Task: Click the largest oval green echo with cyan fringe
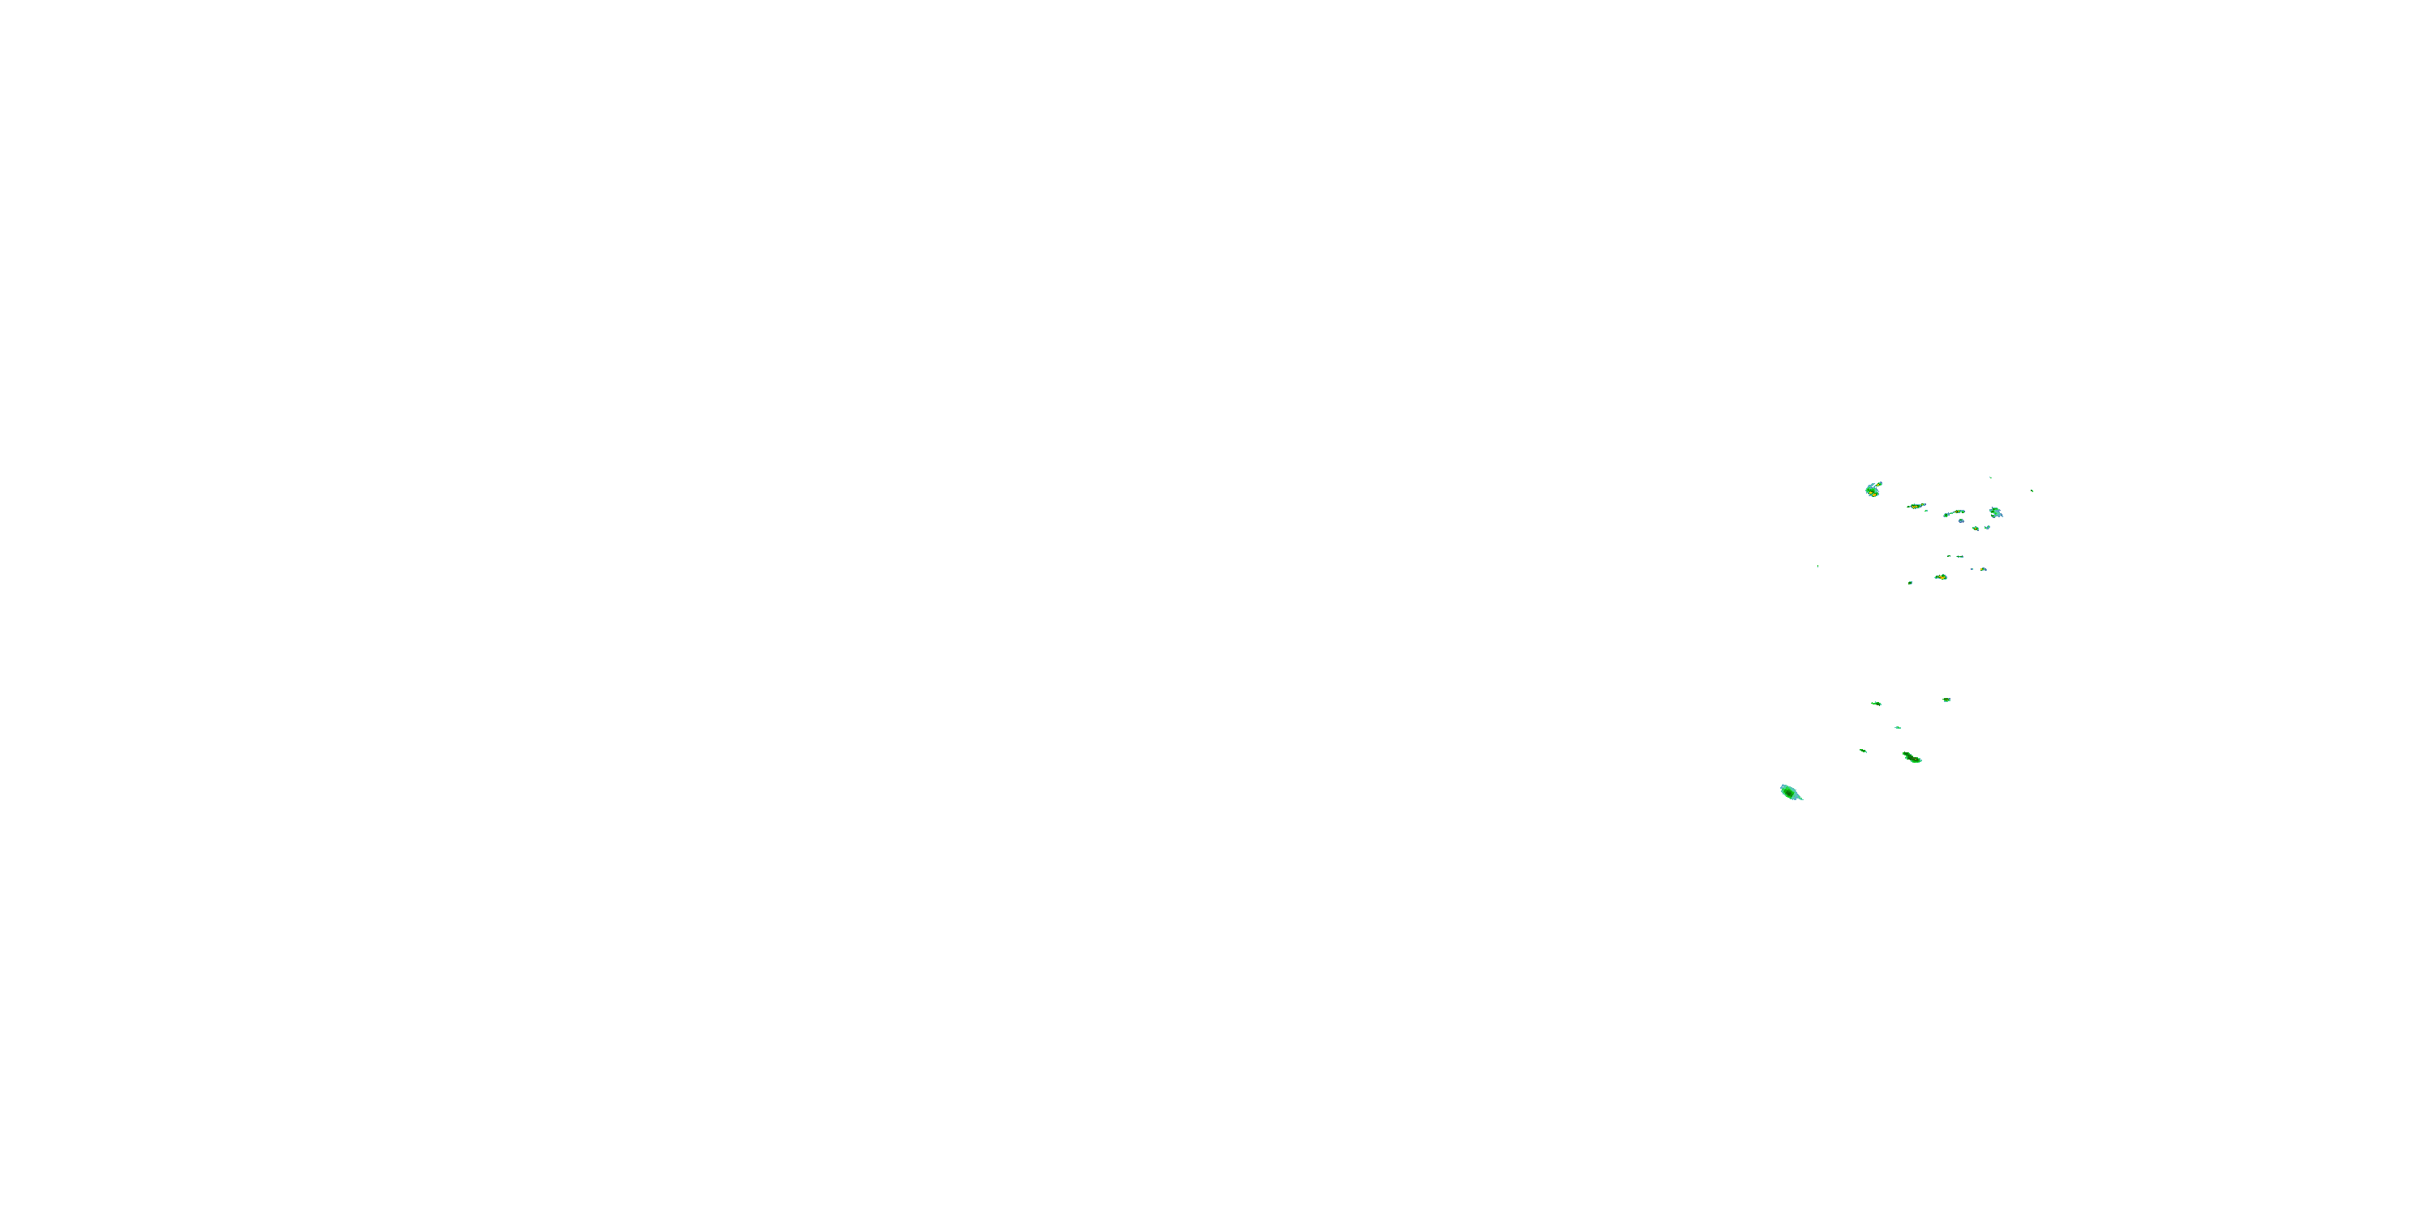1790,792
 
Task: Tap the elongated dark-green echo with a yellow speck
1912,757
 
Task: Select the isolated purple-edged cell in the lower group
1946,700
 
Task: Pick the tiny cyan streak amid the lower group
1897,727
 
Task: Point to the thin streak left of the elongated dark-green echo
1863,751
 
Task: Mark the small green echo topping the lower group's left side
1876,702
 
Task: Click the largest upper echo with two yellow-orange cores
1872,489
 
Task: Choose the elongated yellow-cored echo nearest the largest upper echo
1916,506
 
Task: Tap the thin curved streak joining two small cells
1953,512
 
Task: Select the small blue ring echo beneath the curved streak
1961,520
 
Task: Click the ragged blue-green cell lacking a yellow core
1995,512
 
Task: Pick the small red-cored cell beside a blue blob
1975,528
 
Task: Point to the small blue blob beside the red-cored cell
1987,527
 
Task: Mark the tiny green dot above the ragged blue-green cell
1990,477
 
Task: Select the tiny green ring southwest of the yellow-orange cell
1910,583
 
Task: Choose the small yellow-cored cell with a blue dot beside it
1982,569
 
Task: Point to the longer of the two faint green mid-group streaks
1960,556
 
